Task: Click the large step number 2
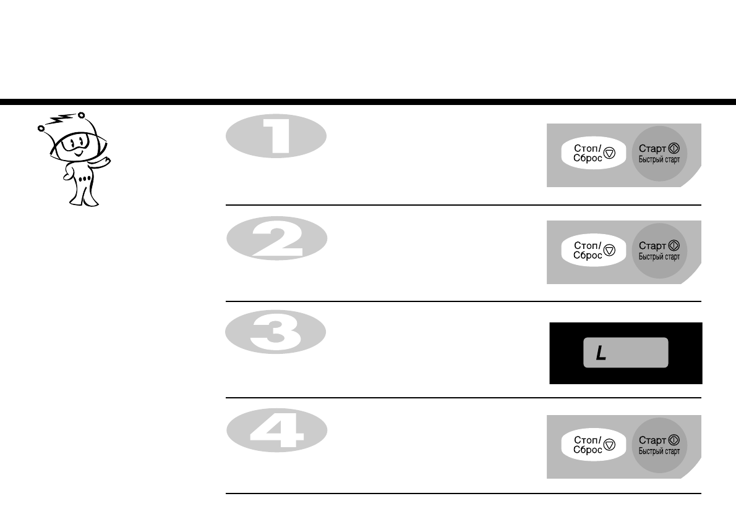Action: (276, 240)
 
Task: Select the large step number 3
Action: (275, 336)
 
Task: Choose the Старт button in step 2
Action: (659, 250)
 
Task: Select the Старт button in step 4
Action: (659, 445)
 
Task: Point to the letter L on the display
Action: (600, 354)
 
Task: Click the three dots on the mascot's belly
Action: (85, 178)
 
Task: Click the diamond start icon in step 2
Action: (674, 246)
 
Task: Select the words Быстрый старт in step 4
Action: (659, 451)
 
